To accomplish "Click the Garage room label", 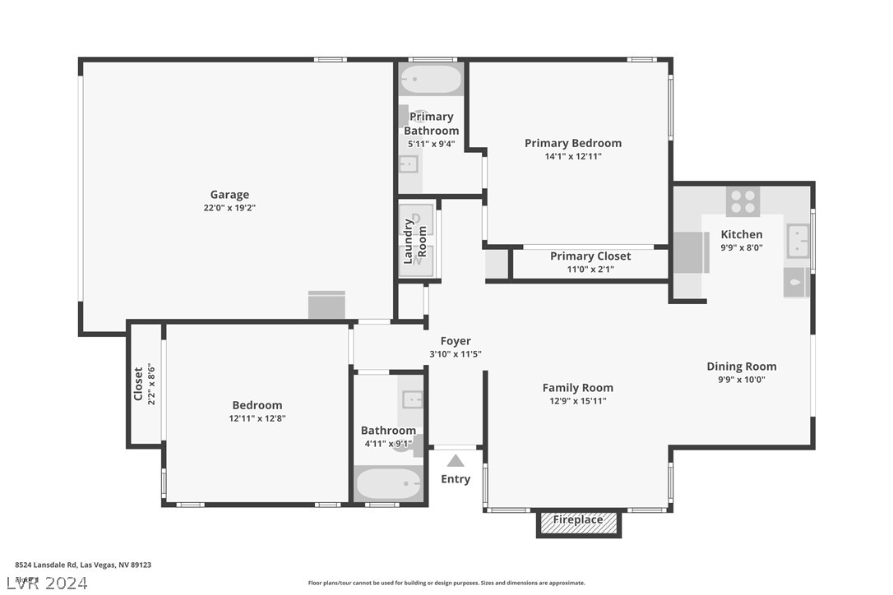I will click(229, 195).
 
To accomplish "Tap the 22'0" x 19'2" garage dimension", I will click(229, 208).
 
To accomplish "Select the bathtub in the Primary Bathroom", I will click(431, 81).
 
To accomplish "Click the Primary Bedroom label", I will click(573, 143).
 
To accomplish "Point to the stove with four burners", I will click(743, 201).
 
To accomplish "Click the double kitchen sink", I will click(798, 241).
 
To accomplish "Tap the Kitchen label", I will click(742, 234).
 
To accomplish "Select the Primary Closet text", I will click(590, 256).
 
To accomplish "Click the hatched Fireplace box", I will click(578, 522).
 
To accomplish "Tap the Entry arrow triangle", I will click(456, 461).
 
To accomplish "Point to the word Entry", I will click(456, 479).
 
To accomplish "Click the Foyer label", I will click(456, 341).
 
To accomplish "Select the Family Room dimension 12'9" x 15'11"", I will click(578, 401).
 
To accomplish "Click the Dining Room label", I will click(742, 367).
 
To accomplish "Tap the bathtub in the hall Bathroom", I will click(388, 483).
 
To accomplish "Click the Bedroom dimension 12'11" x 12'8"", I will click(257, 418).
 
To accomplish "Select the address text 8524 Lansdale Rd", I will click(47, 565).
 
